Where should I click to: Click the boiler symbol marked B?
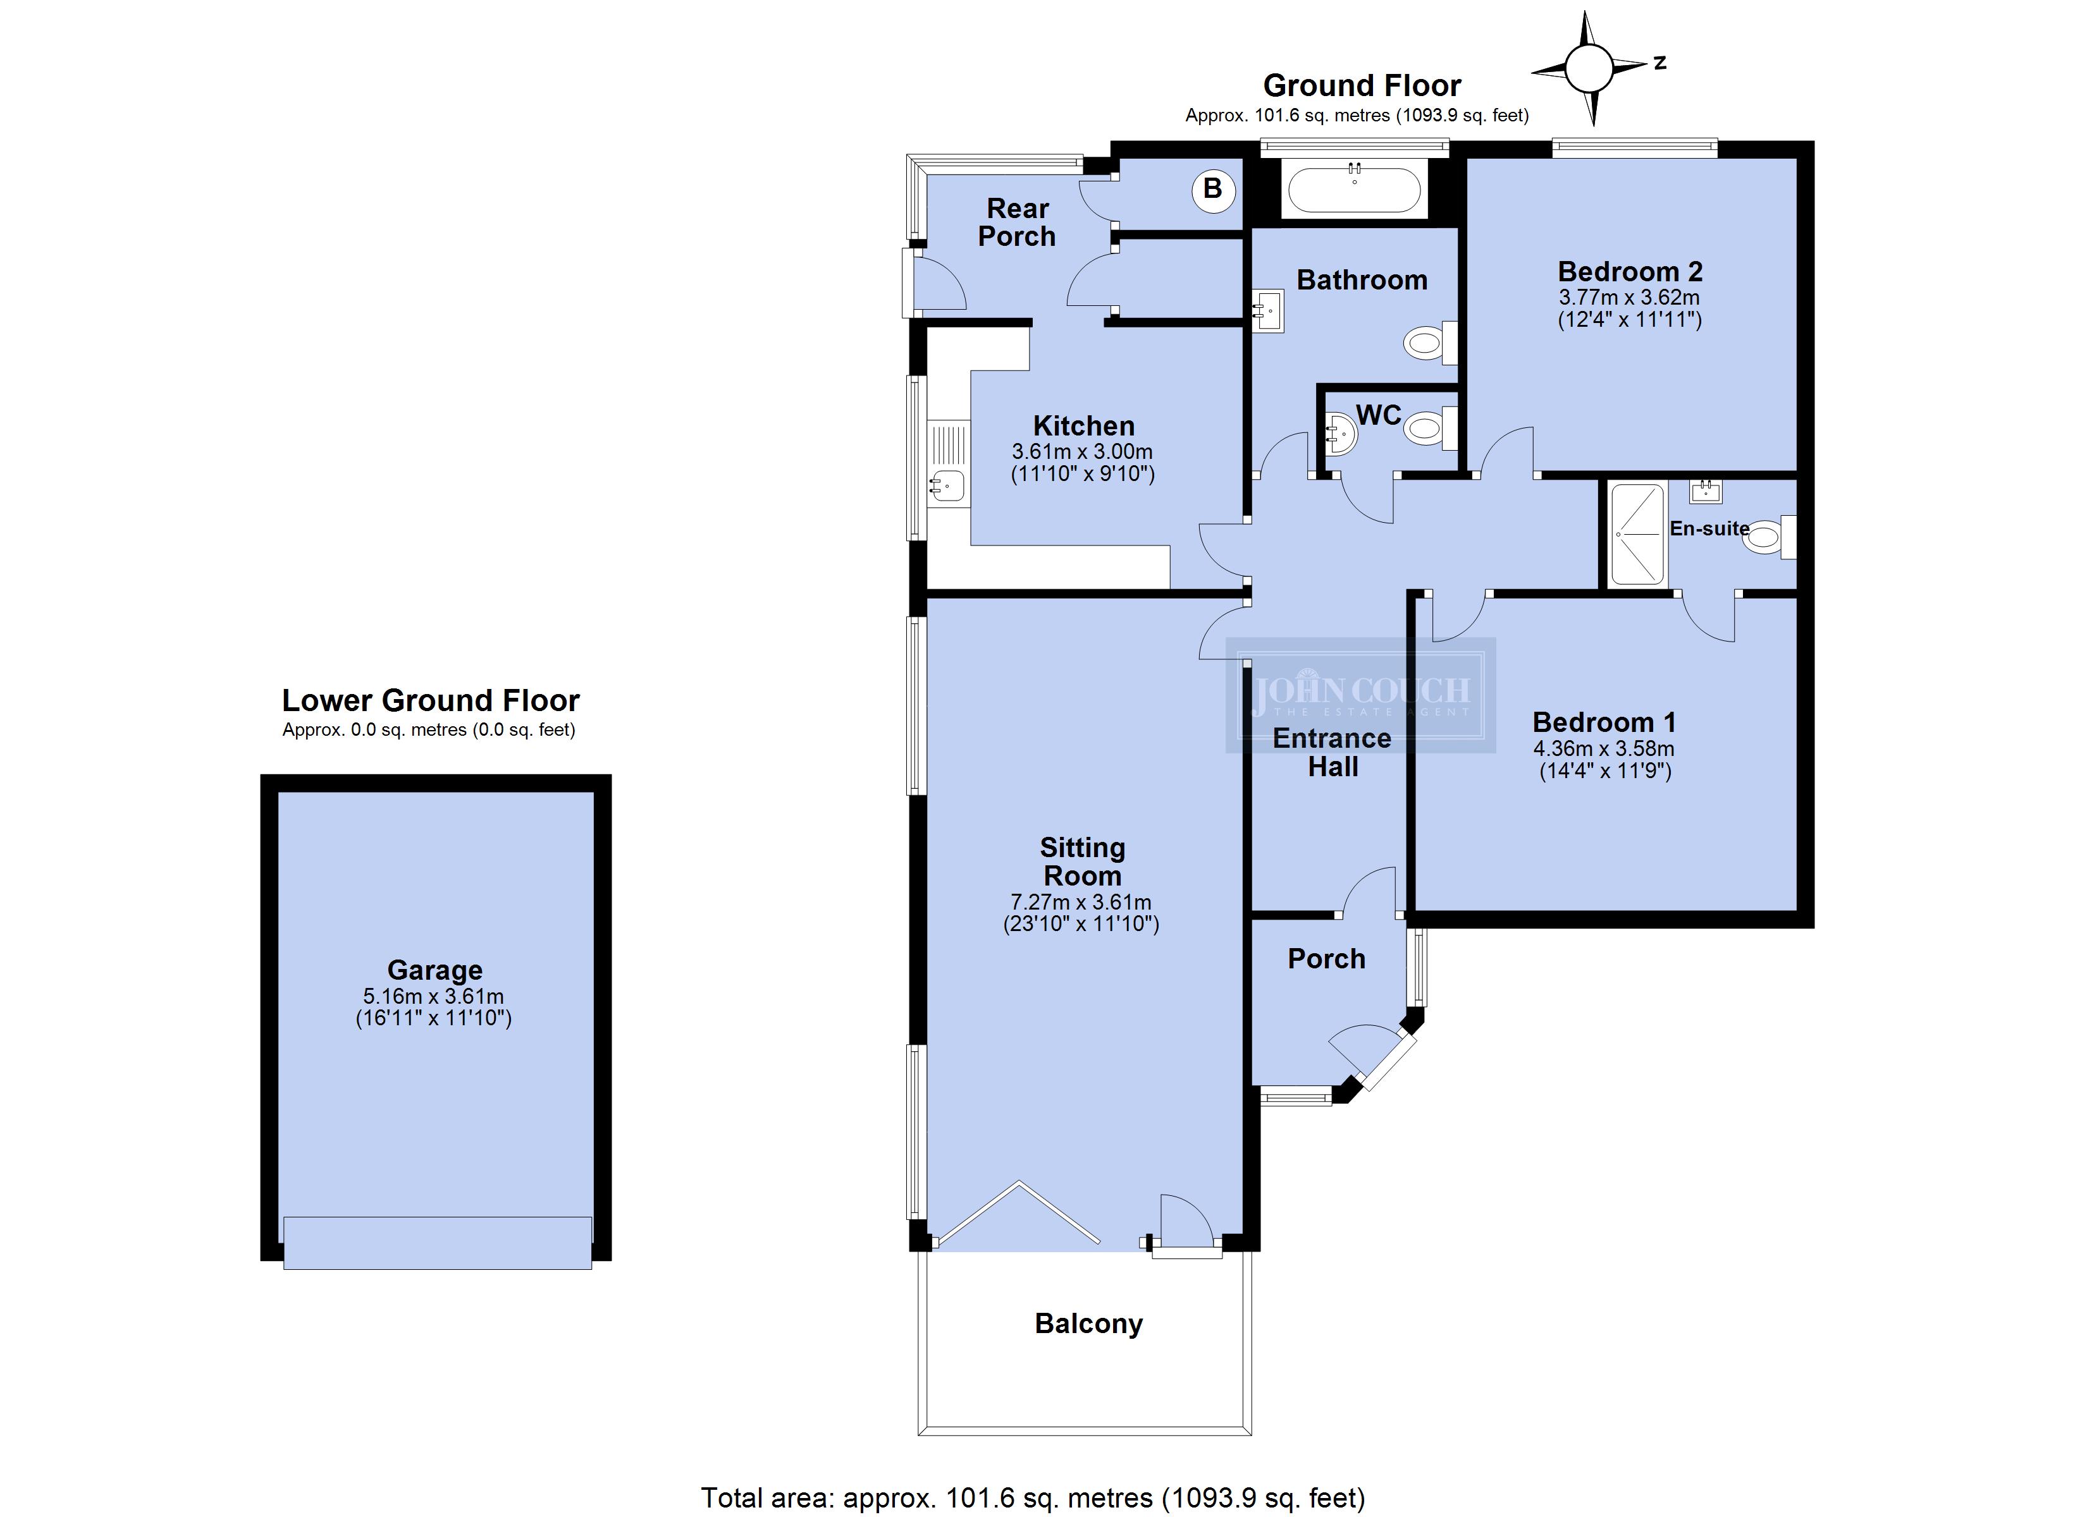(1213, 190)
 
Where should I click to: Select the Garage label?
(434, 970)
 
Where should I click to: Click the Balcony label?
(1088, 1323)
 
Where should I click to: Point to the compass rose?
(1589, 67)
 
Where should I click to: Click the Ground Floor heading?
(1362, 85)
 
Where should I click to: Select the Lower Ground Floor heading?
(431, 701)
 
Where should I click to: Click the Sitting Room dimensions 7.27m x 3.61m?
(1081, 903)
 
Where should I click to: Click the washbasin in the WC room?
(1341, 432)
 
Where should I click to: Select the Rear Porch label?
(1017, 222)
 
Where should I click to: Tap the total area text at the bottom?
(1033, 1497)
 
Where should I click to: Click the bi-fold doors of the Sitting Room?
(1017, 1214)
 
